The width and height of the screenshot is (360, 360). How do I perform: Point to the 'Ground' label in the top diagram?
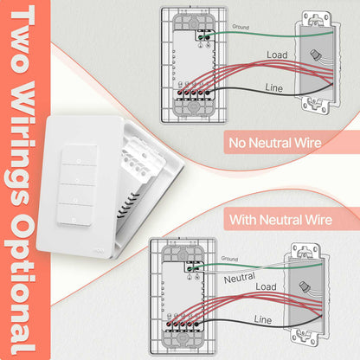[x=241, y=28]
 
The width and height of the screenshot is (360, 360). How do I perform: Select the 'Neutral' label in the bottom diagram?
[x=240, y=280]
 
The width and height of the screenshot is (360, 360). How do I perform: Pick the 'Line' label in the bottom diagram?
[x=263, y=320]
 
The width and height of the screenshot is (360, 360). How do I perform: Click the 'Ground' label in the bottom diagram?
[x=228, y=259]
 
